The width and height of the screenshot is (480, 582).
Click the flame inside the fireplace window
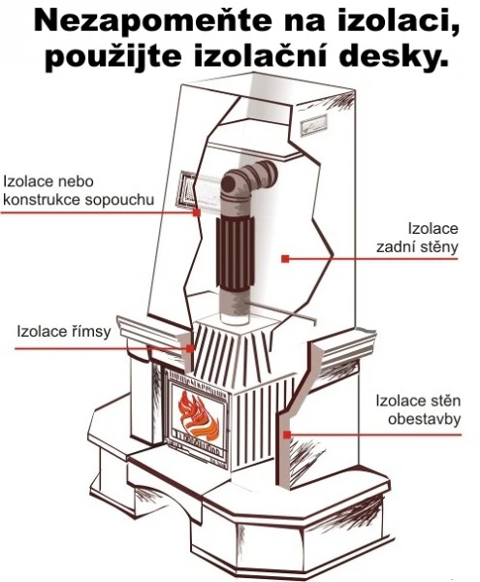click(x=198, y=415)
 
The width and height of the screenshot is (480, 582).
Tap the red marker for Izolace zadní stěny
click(x=285, y=259)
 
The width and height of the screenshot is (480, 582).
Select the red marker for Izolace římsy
click(x=189, y=348)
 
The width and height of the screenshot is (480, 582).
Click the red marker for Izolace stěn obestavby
click(x=286, y=435)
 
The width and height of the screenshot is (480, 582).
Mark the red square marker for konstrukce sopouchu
click(x=197, y=212)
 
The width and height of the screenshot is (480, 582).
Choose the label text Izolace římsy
click(x=64, y=332)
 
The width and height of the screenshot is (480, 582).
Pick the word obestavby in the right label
click(x=425, y=419)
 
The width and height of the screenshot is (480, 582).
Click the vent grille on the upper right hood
click(x=314, y=125)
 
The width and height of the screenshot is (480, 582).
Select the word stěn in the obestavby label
click(x=445, y=401)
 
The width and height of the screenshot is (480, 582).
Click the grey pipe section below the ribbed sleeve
click(x=235, y=307)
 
